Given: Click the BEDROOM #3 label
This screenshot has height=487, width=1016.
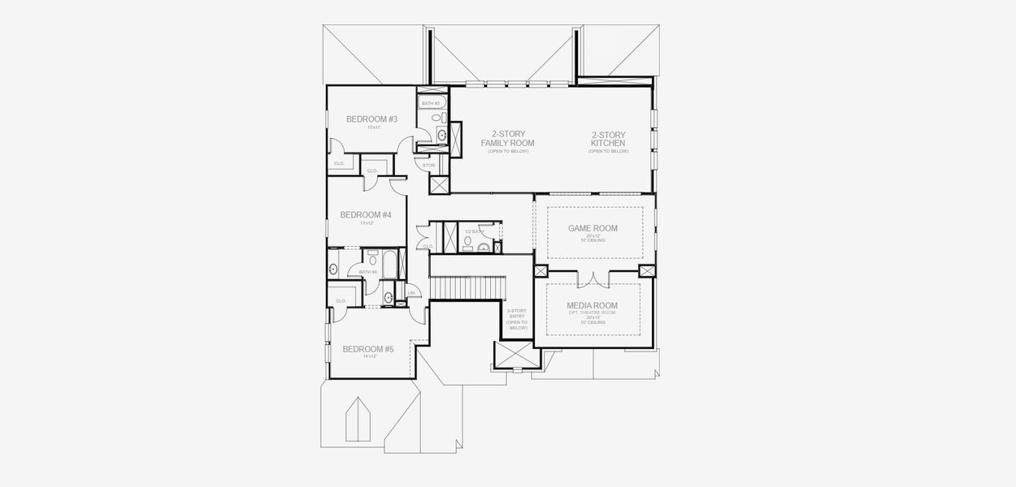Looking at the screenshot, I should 371,119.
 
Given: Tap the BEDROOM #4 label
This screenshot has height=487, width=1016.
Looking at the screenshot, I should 366,215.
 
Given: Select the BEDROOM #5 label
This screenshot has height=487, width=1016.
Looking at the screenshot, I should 368,349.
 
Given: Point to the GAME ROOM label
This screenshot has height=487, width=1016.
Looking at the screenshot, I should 593,228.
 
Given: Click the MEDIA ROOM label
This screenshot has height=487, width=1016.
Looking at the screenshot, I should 593,306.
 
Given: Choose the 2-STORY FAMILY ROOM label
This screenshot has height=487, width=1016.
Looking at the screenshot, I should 508,138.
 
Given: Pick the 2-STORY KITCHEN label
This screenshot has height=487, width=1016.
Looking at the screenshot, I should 609,138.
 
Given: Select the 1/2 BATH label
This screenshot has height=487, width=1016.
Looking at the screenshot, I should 473,232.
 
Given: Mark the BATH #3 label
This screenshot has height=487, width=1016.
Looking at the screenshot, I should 431,103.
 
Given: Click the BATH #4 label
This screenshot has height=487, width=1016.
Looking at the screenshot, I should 369,272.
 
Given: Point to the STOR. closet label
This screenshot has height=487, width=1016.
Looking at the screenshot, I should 430,166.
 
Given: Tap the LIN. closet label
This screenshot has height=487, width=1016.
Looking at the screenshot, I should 412,292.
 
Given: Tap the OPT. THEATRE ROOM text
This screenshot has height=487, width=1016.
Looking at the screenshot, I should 593,313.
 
